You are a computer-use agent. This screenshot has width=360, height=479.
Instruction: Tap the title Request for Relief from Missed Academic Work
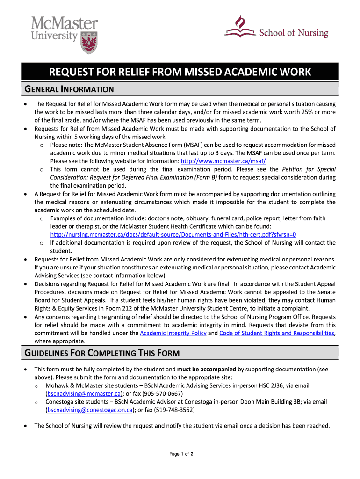click(180, 72)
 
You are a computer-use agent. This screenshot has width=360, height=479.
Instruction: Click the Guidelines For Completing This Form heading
click(101, 353)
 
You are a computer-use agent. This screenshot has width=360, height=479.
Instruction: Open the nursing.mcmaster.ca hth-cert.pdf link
click(173, 234)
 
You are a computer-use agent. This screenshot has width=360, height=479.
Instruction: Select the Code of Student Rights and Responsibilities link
click(276, 333)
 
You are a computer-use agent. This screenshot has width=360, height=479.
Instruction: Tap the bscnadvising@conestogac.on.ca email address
click(89, 410)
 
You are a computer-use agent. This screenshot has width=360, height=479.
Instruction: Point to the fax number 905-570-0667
click(164, 394)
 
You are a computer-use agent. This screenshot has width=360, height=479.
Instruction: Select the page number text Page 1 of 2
click(180, 454)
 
